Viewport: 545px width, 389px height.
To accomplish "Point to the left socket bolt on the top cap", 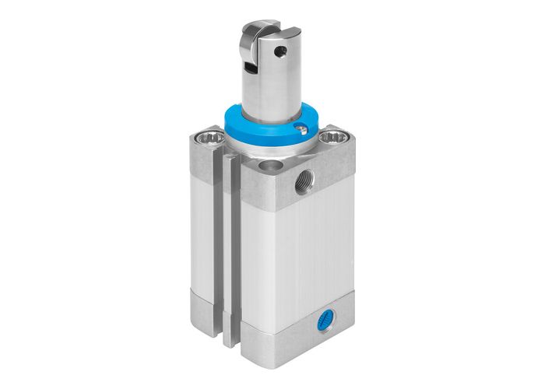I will (211, 140).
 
